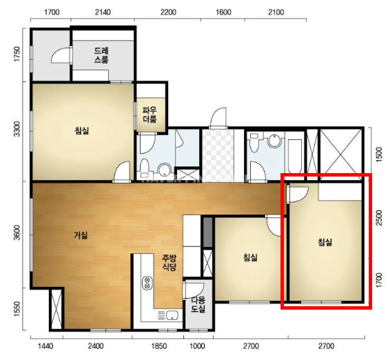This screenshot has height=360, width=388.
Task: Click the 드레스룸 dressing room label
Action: click(x=101, y=55)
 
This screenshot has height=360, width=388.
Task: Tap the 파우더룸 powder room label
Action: click(x=150, y=115)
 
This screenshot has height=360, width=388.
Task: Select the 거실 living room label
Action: click(x=81, y=235)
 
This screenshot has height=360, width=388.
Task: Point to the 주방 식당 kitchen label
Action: click(x=170, y=263)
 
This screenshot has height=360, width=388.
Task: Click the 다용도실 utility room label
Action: click(x=198, y=304)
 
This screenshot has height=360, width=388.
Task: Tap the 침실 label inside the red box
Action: click(x=325, y=242)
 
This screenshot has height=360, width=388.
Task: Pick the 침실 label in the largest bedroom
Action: click(x=82, y=130)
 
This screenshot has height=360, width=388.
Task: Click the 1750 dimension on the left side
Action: click(x=17, y=54)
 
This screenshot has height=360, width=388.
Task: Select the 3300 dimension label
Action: click(x=17, y=129)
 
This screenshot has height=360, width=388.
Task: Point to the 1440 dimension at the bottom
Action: click(x=45, y=346)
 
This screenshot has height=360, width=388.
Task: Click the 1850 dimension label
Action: click(x=159, y=346)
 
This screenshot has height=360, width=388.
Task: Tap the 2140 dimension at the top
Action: click(x=103, y=12)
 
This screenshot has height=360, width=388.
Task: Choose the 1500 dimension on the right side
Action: click(x=379, y=154)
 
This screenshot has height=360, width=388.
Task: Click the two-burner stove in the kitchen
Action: click(x=147, y=283)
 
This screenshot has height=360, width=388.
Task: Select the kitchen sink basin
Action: click(x=172, y=315)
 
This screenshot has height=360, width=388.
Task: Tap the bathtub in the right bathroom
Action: click(x=294, y=156)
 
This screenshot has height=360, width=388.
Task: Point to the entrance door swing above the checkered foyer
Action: click(x=218, y=117)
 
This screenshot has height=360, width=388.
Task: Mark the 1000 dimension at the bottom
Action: click(x=198, y=346)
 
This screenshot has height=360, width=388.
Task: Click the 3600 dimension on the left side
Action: click(x=17, y=232)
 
